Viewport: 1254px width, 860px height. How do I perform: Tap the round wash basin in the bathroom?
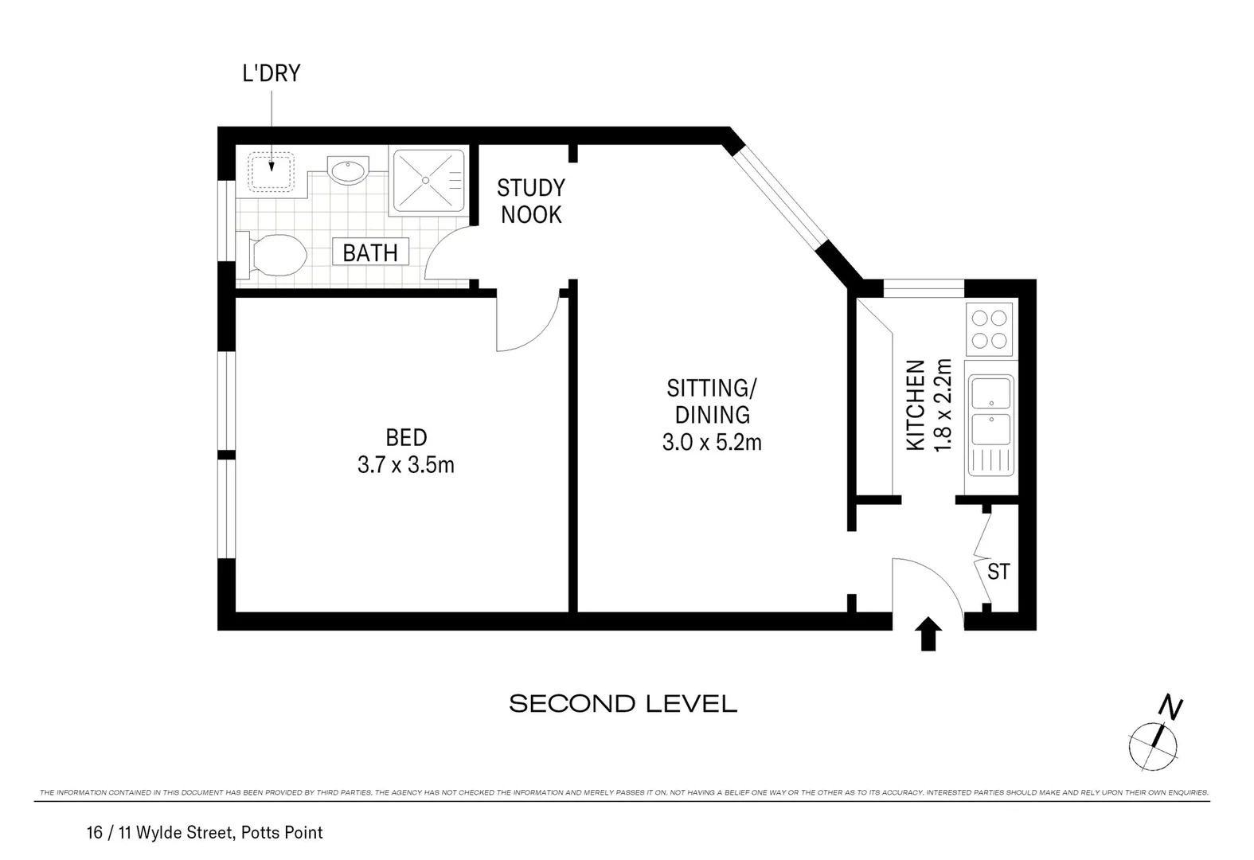pos(348,171)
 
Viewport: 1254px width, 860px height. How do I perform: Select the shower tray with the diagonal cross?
pos(427,180)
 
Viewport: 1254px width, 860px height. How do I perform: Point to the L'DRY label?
pos(271,74)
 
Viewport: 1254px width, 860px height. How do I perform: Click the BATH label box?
pos(370,253)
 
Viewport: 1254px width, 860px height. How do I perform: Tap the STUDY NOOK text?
pos(530,201)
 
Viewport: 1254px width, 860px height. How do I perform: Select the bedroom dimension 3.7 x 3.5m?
pos(406,465)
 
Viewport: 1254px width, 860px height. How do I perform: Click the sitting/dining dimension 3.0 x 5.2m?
pos(712,442)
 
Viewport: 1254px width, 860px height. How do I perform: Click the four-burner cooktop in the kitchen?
pos(989,330)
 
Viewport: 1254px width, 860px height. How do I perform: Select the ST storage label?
pos(998,572)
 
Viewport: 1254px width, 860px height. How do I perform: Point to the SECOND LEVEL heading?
pos(623,704)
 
